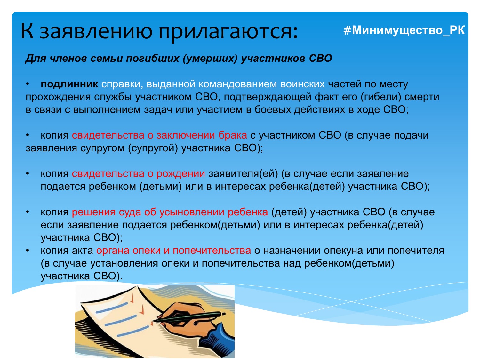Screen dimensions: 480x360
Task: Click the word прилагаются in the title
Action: [228, 31]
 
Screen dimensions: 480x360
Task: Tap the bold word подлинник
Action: [69, 84]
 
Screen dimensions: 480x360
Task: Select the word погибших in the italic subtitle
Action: [152, 58]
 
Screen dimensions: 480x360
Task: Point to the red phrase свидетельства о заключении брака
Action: [159, 135]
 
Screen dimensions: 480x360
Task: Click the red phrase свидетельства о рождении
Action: [139, 174]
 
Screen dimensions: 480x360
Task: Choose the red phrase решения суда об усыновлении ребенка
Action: [170, 212]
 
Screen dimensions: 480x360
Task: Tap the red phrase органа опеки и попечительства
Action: [174, 251]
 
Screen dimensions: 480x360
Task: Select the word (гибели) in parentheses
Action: [381, 97]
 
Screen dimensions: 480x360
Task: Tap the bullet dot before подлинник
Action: [28, 84]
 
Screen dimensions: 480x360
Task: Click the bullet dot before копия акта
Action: [28, 251]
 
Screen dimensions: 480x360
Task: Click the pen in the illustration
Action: [189, 317]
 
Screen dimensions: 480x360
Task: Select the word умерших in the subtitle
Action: [210, 58]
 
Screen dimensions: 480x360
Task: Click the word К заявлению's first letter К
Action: [27, 31]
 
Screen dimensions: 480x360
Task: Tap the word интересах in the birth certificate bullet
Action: [240, 187]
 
